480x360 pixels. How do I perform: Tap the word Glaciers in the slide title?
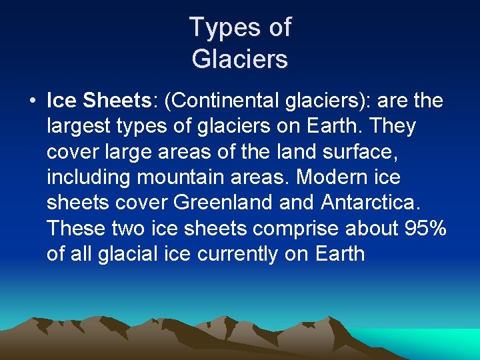point(240,59)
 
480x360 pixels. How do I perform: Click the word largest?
point(75,126)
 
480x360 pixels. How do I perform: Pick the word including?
point(86,177)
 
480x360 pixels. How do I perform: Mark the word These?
point(75,228)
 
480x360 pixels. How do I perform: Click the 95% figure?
point(425,228)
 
